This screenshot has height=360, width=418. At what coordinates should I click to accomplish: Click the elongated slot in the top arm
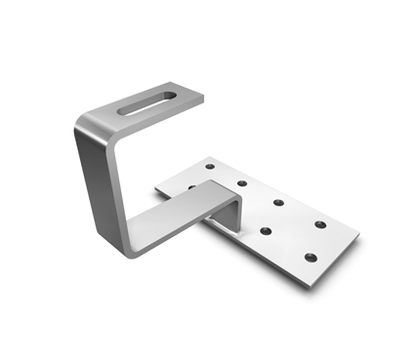point(147,102)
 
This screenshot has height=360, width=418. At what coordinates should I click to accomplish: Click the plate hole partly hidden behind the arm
point(191,185)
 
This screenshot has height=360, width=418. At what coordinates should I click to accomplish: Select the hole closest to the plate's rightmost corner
point(320,225)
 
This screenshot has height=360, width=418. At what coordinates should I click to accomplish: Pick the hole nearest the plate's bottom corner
point(309,257)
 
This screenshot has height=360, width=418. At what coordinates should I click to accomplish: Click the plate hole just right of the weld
point(265,231)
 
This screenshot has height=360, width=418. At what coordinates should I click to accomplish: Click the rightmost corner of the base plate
point(359,236)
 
